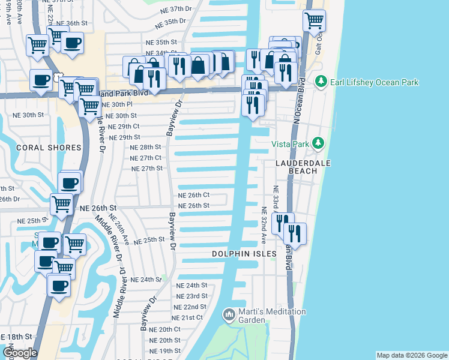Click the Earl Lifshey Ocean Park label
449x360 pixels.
point(375,82)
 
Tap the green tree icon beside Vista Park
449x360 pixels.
point(318,143)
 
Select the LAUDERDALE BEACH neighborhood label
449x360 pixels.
point(296,166)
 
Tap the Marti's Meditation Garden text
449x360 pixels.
point(273,316)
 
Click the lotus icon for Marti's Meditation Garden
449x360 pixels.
point(229,314)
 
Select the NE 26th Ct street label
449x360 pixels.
point(193,195)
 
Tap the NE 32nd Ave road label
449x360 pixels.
point(264,226)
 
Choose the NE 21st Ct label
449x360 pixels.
point(187,317)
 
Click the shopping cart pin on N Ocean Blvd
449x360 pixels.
point(315,21)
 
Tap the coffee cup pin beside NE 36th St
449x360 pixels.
point(73,43)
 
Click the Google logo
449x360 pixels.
point(20,353)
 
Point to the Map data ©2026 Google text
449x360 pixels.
point(412,355)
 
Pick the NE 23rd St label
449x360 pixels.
point(191,296)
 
